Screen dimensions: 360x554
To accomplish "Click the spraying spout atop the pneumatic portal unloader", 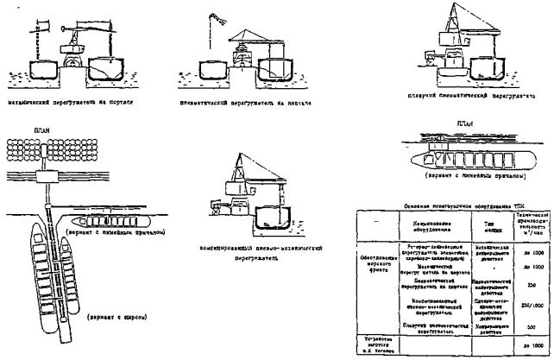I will click(x=214, y=19).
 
